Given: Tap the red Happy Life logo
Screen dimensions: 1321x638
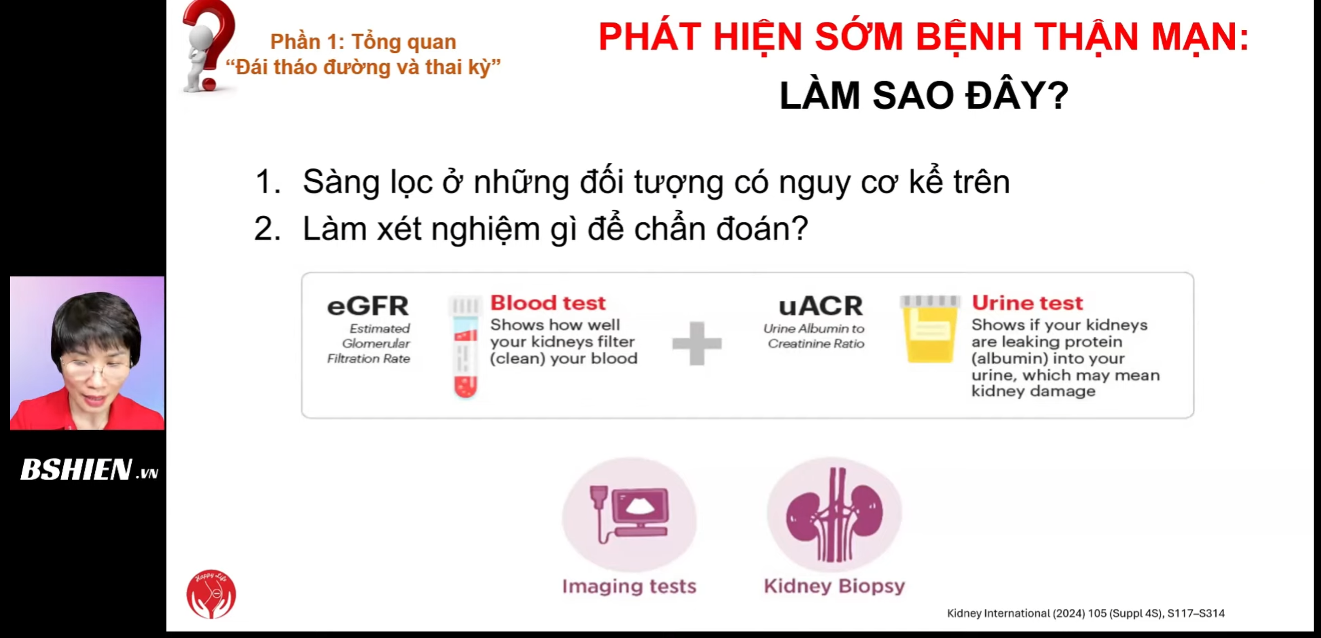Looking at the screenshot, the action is pyautogui.click(x=211, y=594).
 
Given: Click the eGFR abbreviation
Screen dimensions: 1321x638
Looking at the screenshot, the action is pyautogui.click(x=368, y=306).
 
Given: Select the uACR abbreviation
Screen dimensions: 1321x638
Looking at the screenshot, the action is pyautogui.click(x=820, y=306).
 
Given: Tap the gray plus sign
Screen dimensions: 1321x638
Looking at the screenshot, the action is pyautogui.click(x=697, y=343).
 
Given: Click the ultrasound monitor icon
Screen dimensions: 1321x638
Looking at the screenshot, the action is pyautogui.click(x=629, y=515).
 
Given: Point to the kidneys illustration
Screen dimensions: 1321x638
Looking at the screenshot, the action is pyautogui.click(x=834, y=515).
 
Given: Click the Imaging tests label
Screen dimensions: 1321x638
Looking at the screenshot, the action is pyautogui.click(x=629, y=586).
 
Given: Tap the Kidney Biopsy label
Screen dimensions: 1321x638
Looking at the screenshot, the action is pyautogui.click(x=834, y=586).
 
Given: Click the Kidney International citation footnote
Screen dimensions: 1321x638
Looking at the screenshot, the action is pyautogui.click(x=1086, y=613).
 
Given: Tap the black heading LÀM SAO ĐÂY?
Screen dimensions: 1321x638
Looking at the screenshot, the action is pyautogui.click(x=924, y=96).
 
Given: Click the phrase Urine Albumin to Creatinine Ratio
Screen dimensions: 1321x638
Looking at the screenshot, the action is pyautogui.click(x=814, y=336).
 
